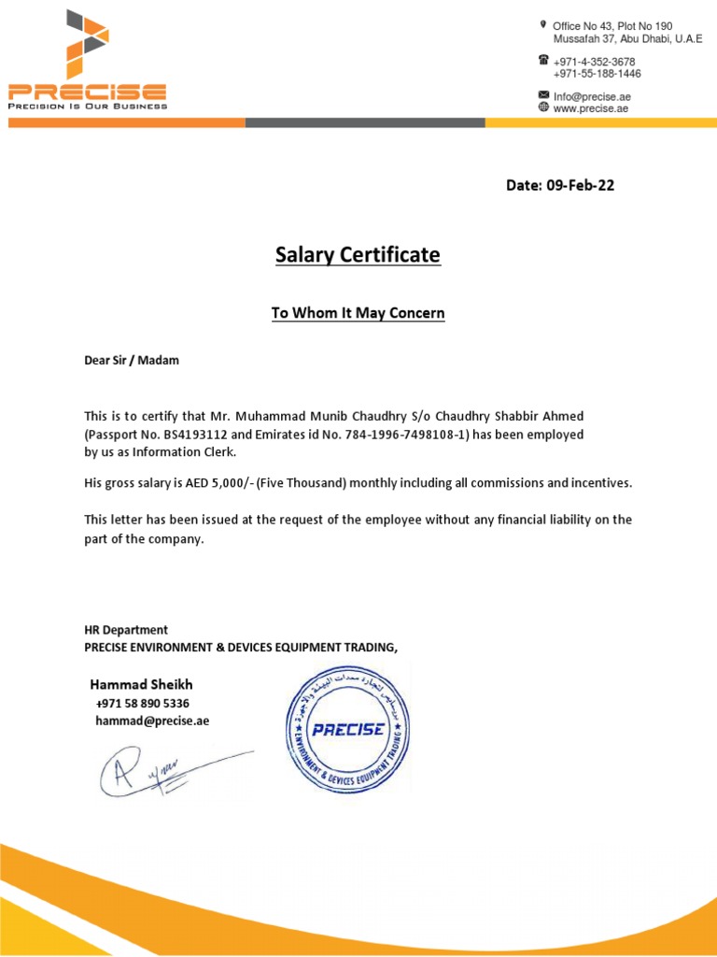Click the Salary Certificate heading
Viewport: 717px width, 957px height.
click(x=358, y=255)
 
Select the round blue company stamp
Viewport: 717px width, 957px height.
click(x=347, y=729)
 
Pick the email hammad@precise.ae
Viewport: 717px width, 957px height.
click(x=152, y=721)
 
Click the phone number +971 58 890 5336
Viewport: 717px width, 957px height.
click(x=143, y=703)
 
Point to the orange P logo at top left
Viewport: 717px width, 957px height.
click(x=86, y=44)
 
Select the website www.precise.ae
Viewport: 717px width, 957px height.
click(x=591, y=108)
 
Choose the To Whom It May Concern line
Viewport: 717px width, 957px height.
click(x=358, y=314)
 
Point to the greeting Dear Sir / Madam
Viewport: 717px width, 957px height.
click(x=132, y=361)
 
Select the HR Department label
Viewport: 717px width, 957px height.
click(x=126, y=630)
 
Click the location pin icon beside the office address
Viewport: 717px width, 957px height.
click(x=542, y=23)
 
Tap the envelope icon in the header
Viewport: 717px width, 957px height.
click(x=543, y=95)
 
